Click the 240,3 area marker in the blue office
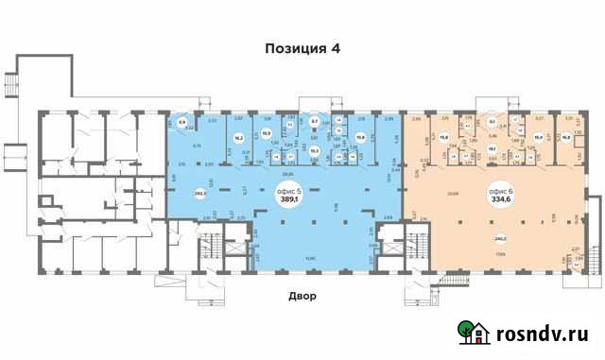[199, 194]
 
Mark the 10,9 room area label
[266, 133]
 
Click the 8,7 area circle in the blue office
[315, 121]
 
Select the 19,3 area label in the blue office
[314, 149]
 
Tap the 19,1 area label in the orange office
[492, 148]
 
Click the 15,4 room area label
[538, 135]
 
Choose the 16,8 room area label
[566, 135]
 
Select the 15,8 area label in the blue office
[360, 136]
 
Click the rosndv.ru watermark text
[543, 334]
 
